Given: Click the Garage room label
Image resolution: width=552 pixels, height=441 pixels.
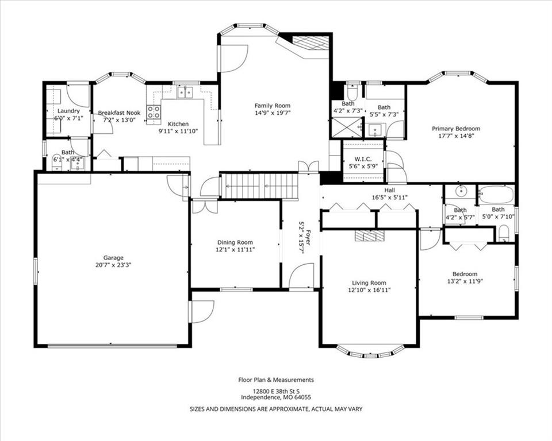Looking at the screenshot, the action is pyautogui.click(x=113, y=258).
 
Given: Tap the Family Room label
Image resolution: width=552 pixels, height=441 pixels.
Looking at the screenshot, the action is pyautogui.click(x=273, y=106).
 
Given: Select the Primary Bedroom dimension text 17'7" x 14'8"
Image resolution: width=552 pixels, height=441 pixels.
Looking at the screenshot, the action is pyautogui.click(x=456, y=136).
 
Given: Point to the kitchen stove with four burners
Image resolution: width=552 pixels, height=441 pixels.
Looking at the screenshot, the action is pyautogui.click(x=154, y=113).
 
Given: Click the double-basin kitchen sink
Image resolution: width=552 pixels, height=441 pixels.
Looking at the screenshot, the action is pyautogui.click(x=185, y=92).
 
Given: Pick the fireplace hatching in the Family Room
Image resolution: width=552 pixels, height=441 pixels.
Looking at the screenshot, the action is pyautogui.click(x=310, y=43).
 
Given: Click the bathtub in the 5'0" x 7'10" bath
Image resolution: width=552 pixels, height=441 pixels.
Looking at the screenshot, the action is pyautogui.click(x=496, y=195).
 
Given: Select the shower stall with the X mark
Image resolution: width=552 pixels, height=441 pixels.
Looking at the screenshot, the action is pyautogui.click(x=347, y=126).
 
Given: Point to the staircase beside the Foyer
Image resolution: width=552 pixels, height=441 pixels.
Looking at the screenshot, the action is pyautogui.click(x=261, y=186).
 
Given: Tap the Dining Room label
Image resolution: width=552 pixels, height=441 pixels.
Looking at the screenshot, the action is pyautogui.click(x=235, y=242).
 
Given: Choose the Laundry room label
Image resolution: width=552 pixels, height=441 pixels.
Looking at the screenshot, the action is pyautogui.click(x=68, y=111).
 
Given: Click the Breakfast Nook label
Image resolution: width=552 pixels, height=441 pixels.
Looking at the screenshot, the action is pyautogui.click(x=119, y=113).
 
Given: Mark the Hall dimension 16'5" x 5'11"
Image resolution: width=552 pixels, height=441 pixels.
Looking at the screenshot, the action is pyautogui.click(x=390, y=198).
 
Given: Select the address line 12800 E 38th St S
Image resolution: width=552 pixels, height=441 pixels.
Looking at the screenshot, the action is pyautogui.click(x=277, y=391).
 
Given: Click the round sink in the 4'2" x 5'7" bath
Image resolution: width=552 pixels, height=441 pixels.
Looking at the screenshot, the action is pyautogui.click(x=460, y=192).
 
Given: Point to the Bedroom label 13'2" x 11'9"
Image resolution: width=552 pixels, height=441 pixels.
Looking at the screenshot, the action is pyautogui.click(x=465, y=277).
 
